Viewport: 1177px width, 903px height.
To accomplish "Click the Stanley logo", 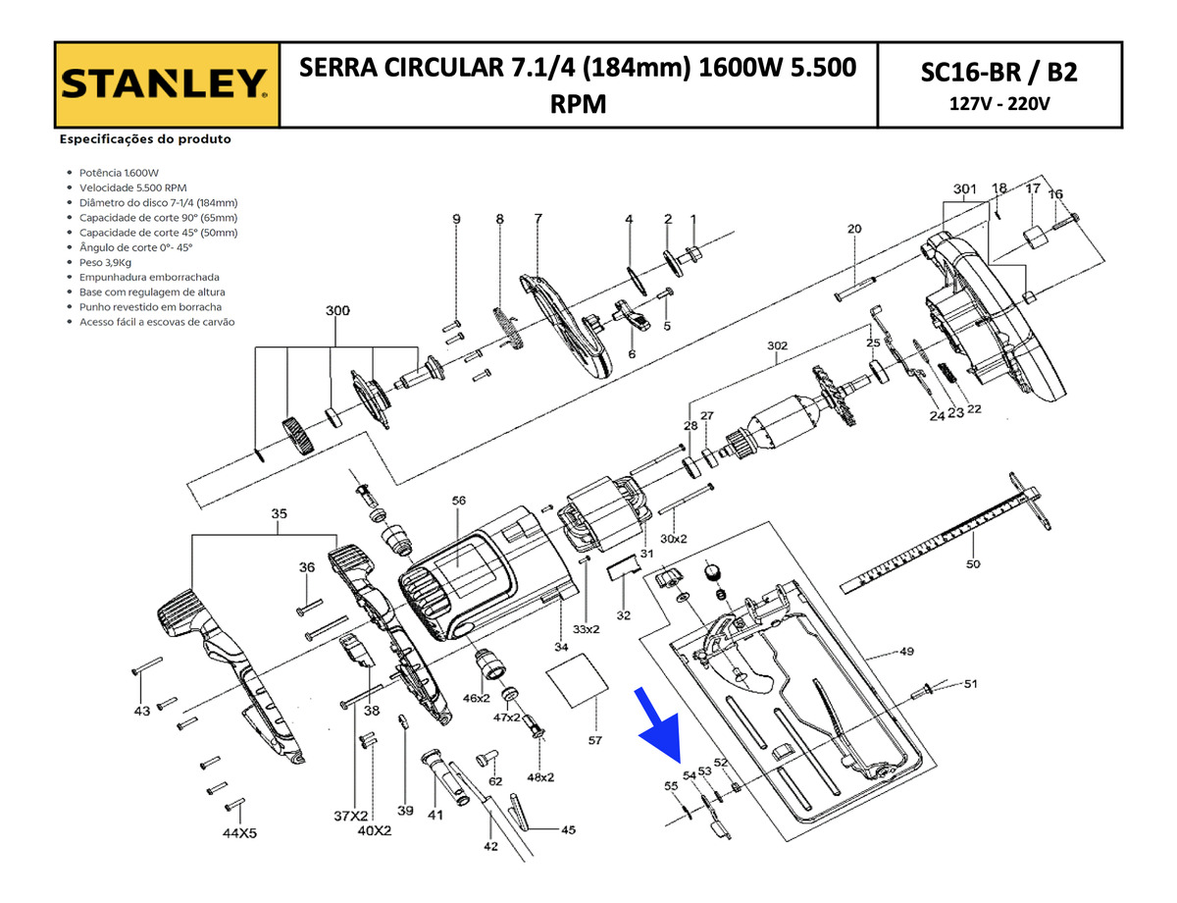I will point(166,84).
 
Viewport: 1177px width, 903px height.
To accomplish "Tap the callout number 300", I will point(336,310).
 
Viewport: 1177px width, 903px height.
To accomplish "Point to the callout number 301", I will point(965,187).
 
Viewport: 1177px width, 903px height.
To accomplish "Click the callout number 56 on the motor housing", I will point(458,501).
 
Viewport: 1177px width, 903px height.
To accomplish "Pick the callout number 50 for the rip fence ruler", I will point(972,564).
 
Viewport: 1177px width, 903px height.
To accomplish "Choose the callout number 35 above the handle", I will point(279,513).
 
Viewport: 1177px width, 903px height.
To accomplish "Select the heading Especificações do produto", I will point(145,139).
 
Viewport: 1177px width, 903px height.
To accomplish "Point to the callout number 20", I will point(854,229).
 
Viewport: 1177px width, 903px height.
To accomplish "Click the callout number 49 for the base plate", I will point(906,651).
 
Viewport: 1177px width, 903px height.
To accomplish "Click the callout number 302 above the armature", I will point(777,346).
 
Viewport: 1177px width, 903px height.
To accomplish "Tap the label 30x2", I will point(674,539).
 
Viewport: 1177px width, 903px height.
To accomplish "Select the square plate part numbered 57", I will point(576,683).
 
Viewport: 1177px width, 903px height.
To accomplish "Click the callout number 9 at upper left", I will point(456,219).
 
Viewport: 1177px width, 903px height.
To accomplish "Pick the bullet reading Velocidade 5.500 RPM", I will point(132,186).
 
